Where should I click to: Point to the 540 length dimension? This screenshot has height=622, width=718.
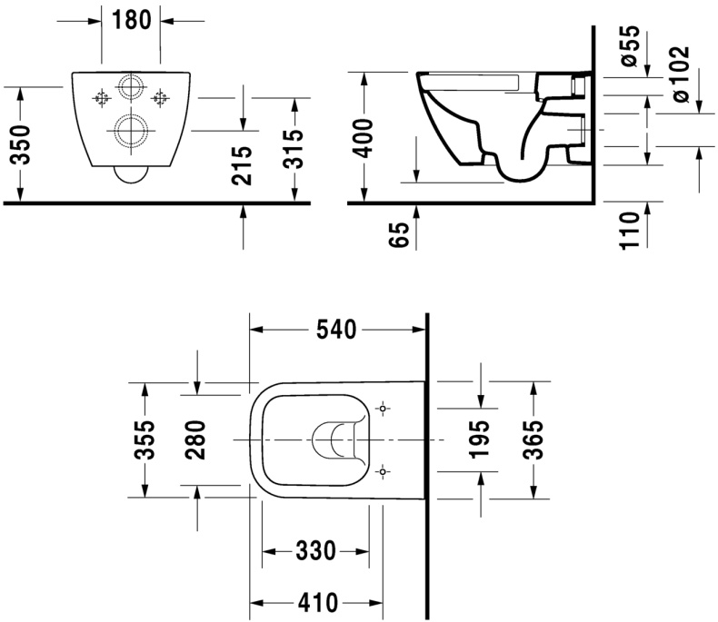point(337,331)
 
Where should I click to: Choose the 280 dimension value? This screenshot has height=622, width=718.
point(199,439)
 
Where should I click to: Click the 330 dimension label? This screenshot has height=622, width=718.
point(315,550)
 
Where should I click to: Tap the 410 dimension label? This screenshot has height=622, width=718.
point(315,602)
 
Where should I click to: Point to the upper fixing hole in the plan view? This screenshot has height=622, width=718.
point(384,410)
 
